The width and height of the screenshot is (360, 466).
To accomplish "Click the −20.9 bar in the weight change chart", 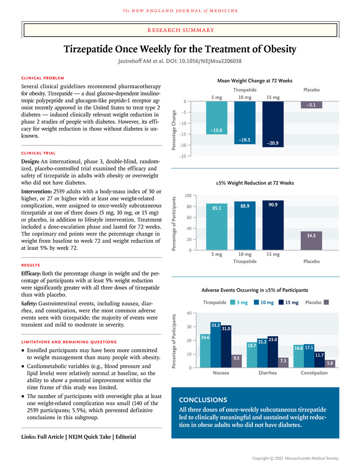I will coord(273,124).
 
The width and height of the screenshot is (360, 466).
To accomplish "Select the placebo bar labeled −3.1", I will coord(311,105).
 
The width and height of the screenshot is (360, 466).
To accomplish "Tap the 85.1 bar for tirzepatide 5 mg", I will coord(217,227).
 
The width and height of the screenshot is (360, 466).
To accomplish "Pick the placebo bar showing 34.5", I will coord(311,240).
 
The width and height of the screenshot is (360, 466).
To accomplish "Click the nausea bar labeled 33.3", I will coord(216,345).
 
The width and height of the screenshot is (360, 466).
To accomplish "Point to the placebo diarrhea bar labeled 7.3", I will coord(283,362).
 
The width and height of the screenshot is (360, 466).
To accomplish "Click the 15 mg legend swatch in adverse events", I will coord(282,303).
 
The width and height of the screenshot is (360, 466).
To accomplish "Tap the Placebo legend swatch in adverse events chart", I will coord(327,303).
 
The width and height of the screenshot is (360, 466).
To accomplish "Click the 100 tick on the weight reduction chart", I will coord(188,196).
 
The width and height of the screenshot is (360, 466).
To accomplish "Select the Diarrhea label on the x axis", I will coord(268,373).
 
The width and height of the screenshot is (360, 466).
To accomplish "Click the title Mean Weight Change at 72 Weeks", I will coord(255,81).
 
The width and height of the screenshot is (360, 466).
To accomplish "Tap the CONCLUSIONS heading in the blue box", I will coord(203,399).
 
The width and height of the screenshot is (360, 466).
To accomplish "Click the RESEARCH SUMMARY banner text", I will coord(180,30).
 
